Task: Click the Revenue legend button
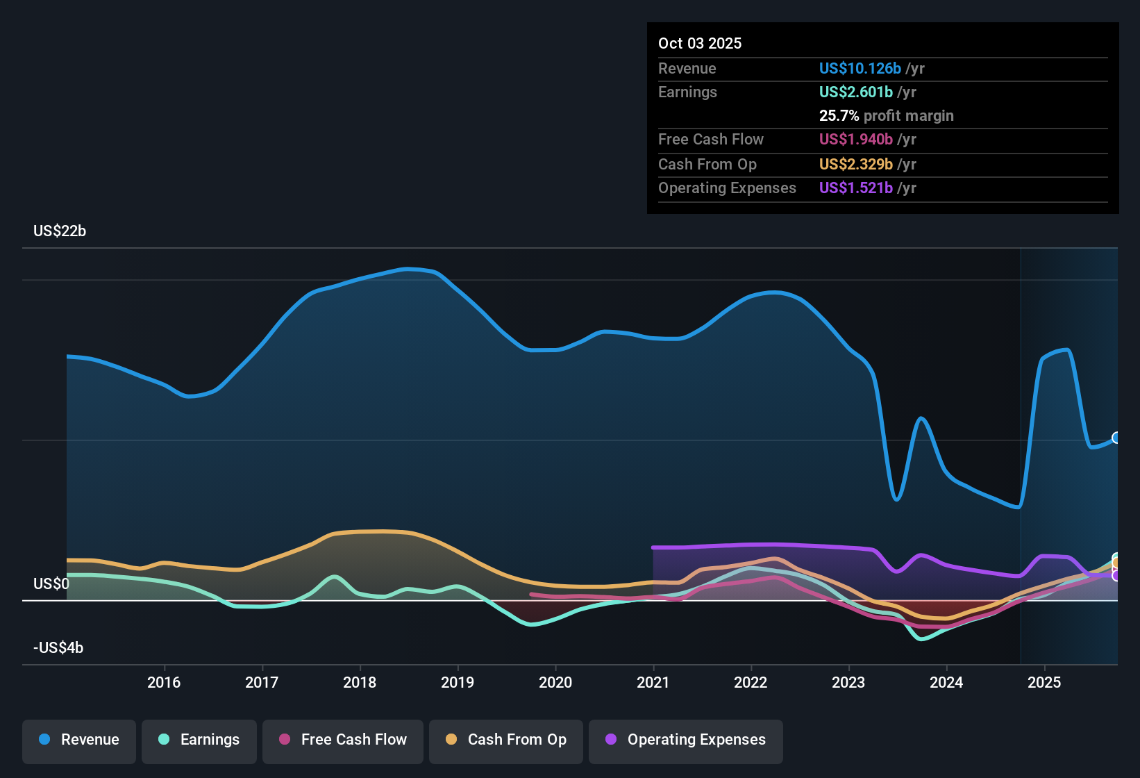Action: (79, 740)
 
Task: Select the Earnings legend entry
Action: (199, 740)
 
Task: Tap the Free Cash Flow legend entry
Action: (343, 740)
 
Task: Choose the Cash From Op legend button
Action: (506, 740)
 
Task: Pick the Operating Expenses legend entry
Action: (686, 740)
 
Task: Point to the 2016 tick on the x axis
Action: (164, 682)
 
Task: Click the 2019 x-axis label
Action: (458, 682)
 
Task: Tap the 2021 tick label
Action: (653, 682)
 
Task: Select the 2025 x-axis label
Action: (1044, 682)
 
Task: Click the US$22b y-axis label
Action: (60, 231)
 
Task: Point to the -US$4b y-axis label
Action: (58, 648)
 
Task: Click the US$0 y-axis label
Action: (51, 583)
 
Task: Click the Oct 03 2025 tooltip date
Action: (700, 43)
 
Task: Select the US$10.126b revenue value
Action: (860, 68)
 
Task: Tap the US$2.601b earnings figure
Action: (855, 92)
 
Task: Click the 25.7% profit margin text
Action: (886, 115)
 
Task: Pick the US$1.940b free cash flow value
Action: (855, 139)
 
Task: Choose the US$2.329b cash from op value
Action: (855, 164)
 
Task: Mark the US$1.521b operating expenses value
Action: (855, 188)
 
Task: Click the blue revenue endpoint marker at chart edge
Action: (1116, 438)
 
